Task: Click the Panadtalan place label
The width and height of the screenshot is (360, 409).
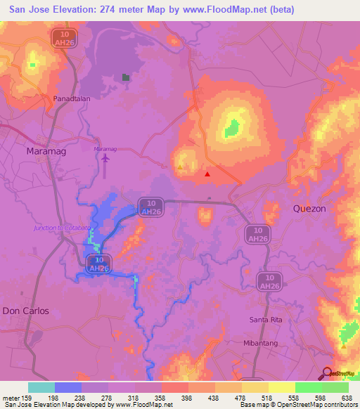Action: point(70,99)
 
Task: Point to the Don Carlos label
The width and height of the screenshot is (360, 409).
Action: point(26,311)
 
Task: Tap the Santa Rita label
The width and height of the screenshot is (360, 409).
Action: point(265,320)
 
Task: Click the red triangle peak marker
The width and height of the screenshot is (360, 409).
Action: point(207,174)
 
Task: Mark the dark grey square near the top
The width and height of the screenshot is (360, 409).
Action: point(126,77)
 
